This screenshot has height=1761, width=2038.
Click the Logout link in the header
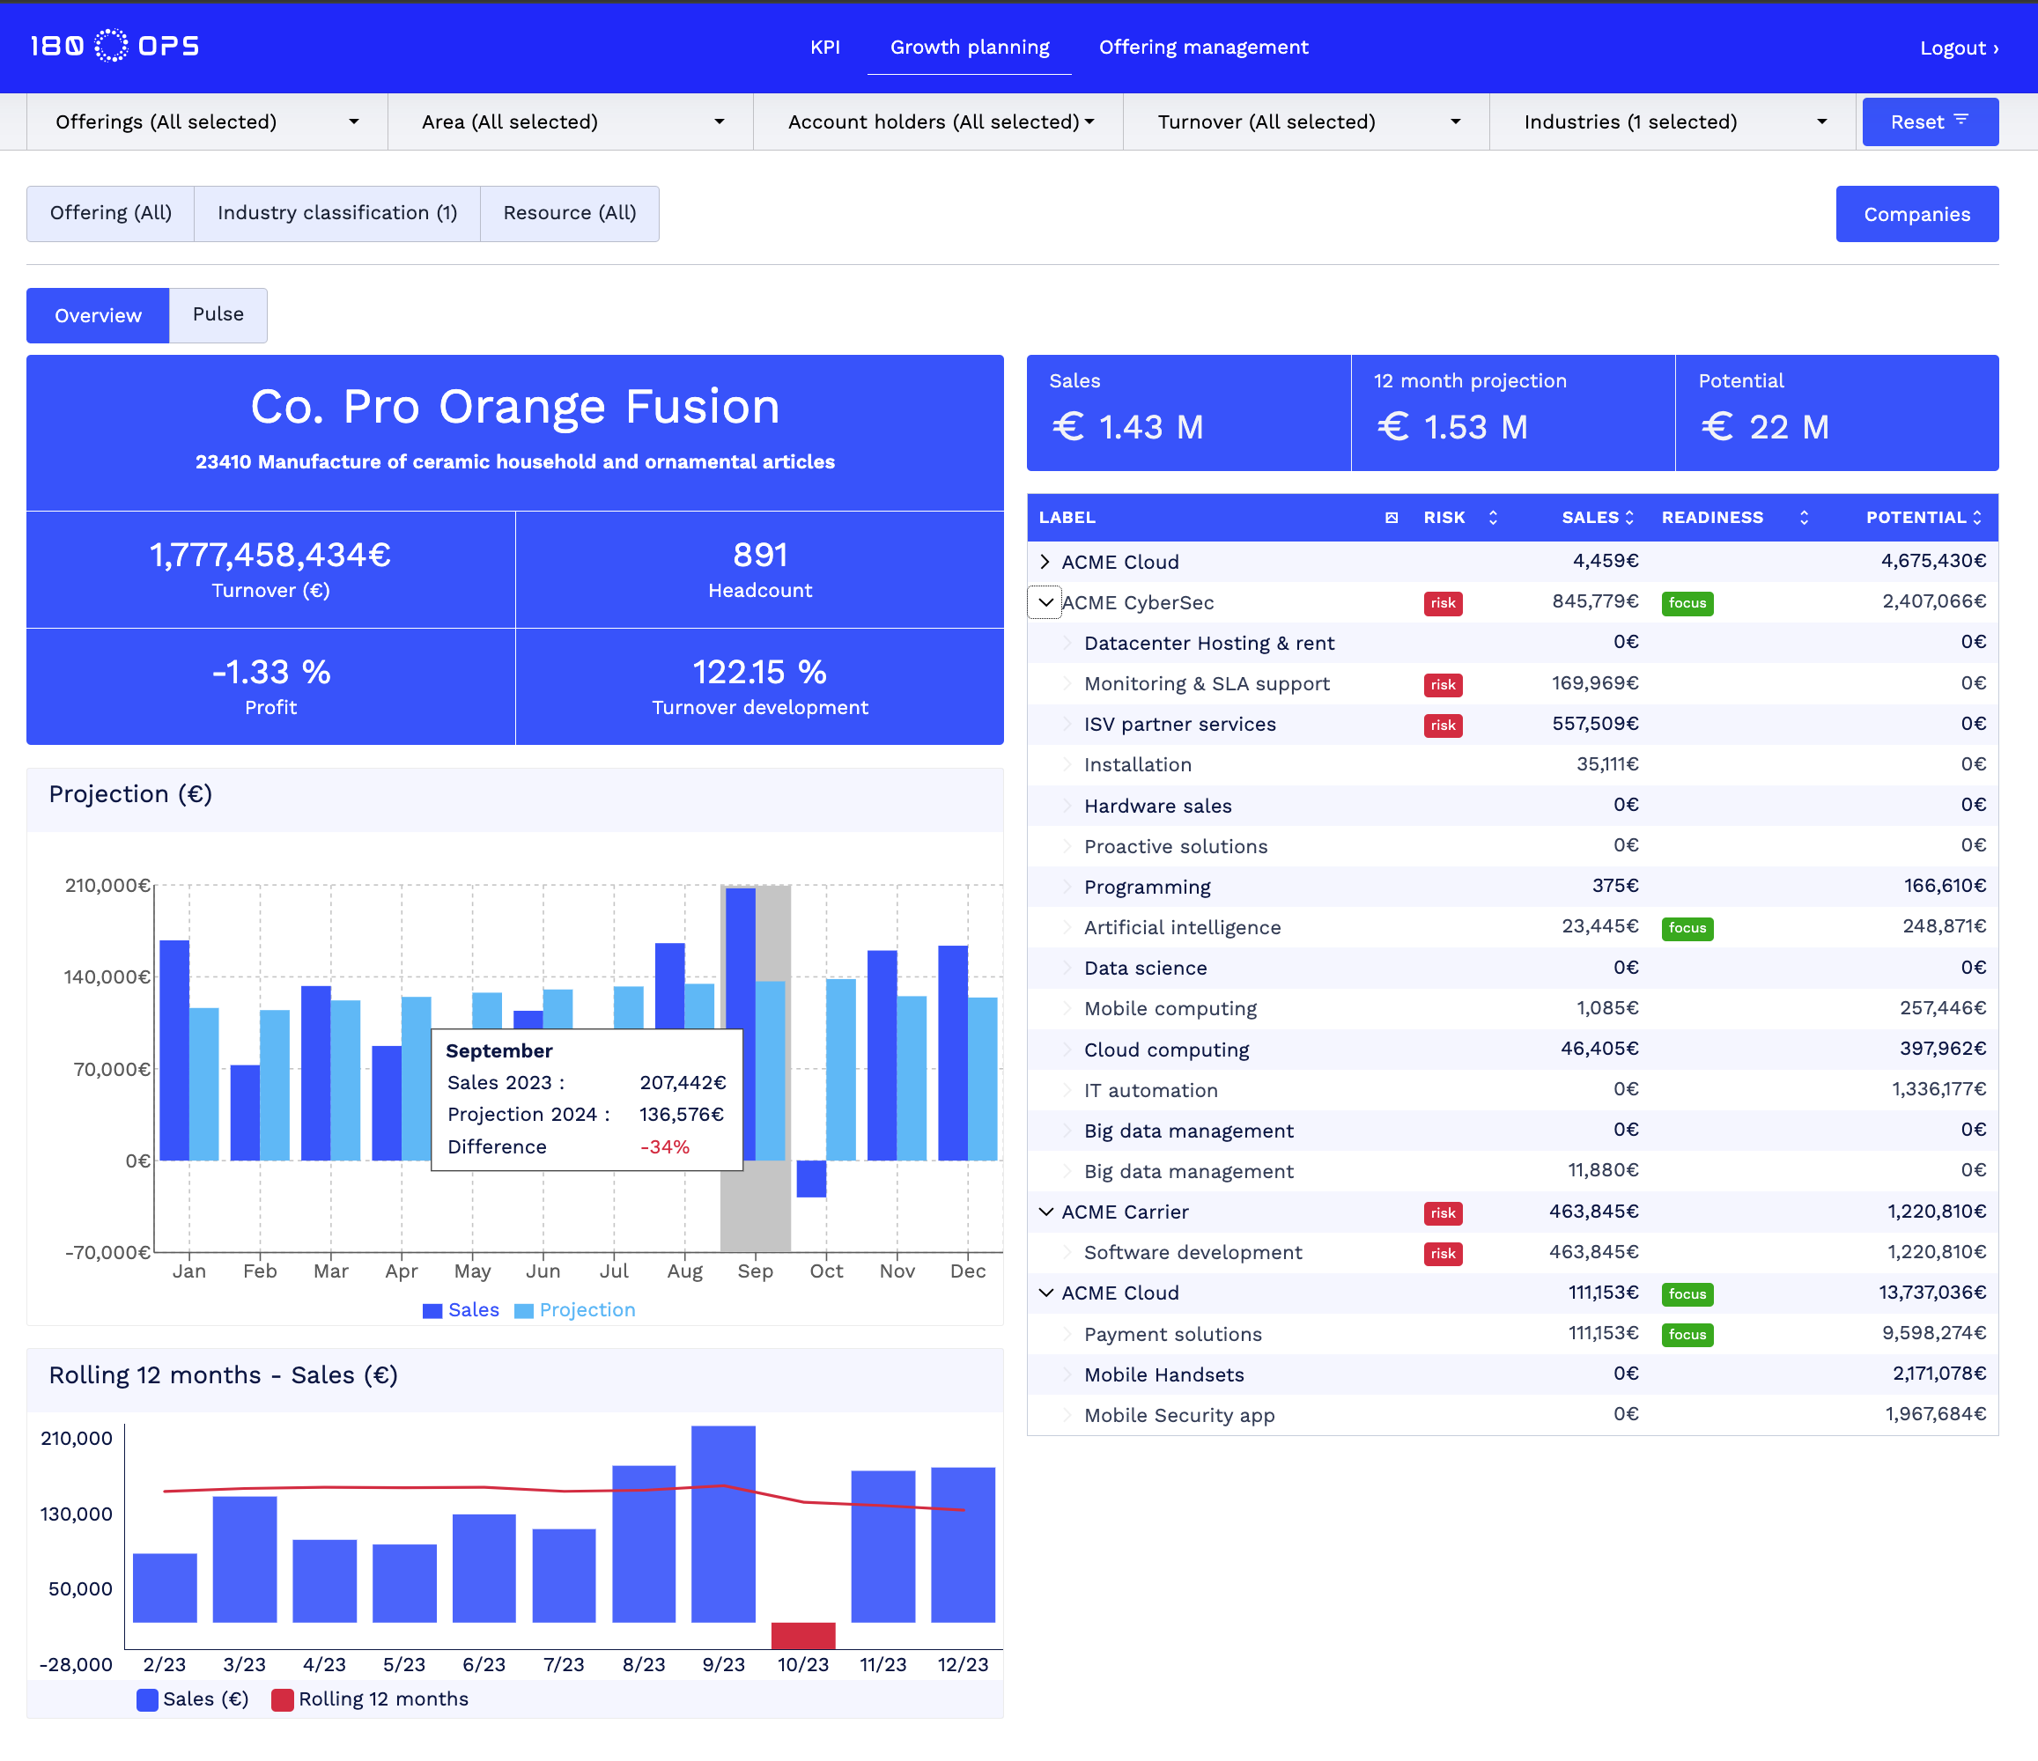click(1957, 48)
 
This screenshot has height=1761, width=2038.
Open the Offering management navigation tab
click(1203, 48)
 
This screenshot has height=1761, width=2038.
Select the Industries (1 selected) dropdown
click(1672, 122)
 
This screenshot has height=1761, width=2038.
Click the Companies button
click(1916, 214)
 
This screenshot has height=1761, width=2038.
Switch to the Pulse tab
click(218, 314)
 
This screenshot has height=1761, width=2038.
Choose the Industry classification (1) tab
click(336, 213)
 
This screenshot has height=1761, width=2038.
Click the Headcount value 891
click(759, 556)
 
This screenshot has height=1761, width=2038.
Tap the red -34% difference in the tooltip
click(665, 1146)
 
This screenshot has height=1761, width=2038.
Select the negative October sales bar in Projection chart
click(810, 1178)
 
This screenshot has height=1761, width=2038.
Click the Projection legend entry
click(587, 1309)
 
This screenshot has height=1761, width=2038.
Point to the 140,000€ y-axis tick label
click(107, 976)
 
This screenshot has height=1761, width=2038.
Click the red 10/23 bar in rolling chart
click(802, 1635)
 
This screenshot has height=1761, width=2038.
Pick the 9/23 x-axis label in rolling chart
click(723, 1665)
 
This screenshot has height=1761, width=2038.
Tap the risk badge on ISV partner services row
click(1442, 725)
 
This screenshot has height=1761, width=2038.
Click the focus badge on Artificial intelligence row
click(1686, 928)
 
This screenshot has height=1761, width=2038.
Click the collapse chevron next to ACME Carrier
click(1045, 1212)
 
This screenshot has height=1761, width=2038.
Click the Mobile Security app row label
click(1178, 1415)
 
